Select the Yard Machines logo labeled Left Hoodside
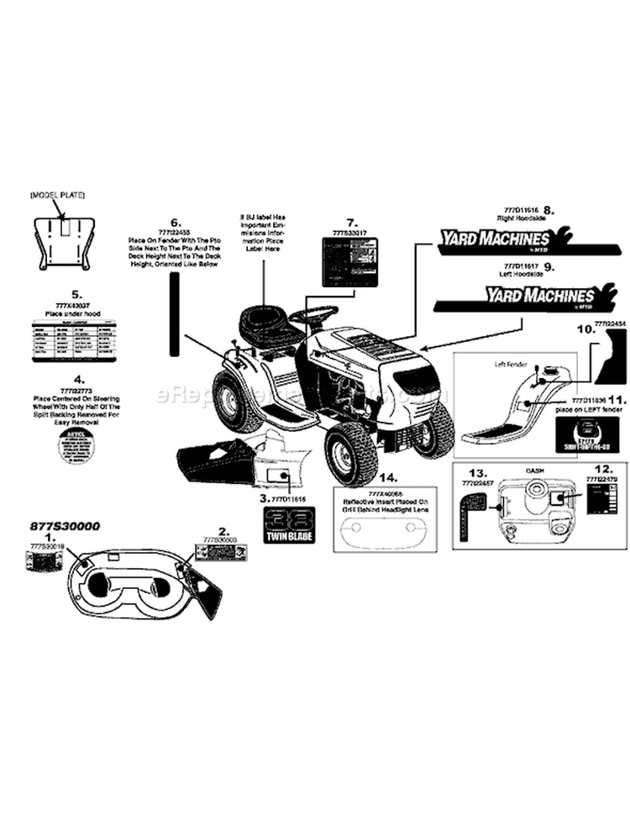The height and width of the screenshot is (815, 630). tap(537, 295)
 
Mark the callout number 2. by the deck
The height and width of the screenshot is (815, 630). tap(223, 531)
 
